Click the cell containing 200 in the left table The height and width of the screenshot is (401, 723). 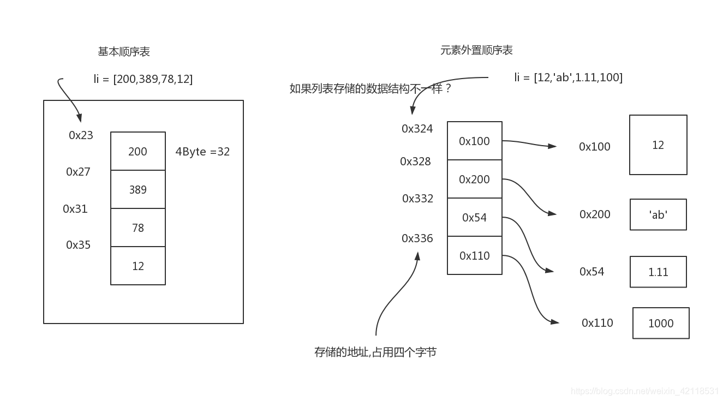tap(138, 151)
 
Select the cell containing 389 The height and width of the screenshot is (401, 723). tap(138, 189)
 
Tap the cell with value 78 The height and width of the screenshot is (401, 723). tap(138, 228)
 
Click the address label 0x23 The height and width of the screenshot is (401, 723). tap(81, 135)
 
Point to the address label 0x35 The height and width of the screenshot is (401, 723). tap(78, 245)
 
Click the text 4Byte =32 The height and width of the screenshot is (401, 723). tap(202, 152)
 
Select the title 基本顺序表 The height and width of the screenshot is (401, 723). tap(124, 52)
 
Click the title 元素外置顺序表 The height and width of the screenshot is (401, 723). tap(476, 50)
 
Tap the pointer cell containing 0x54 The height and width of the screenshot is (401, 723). tap(474, 217)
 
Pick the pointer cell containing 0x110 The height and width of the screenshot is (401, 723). tap(474, 255)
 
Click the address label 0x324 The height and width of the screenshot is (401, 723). tap(417, 129)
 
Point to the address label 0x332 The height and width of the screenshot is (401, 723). tap(417, 199)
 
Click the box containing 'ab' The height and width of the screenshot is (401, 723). tap(658, 214)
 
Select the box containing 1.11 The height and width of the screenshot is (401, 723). tap(658, 272)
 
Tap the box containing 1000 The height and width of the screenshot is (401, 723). tap(661, 323)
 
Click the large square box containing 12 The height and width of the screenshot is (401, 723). tap(658, 145)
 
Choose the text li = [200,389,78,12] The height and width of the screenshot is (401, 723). tap(143, 79)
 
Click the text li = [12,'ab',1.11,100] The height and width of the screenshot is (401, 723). tap(568, 77)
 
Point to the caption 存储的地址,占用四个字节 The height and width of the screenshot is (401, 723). tap(375, 352)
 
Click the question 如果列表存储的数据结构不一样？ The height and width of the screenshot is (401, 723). tap(371, 88)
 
